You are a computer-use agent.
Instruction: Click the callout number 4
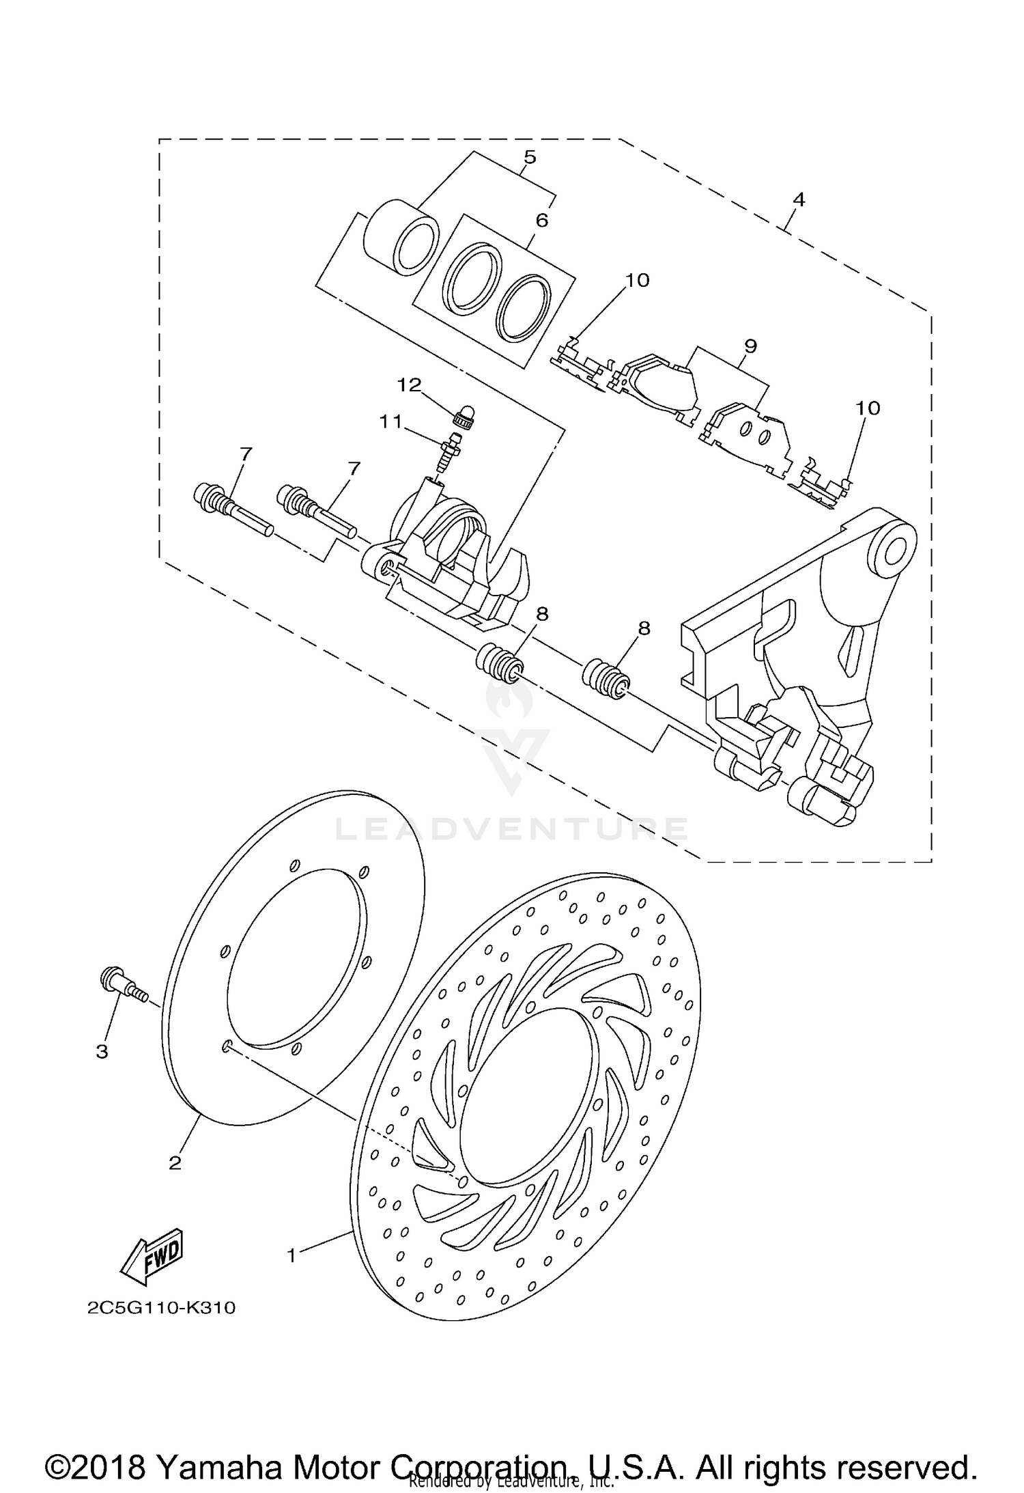click(x=799, y=199)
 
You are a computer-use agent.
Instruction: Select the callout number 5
click(x=530, y=157)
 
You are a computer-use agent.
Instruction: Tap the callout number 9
click(x=750, y=346)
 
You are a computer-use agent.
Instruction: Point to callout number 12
click(x=410, y=385)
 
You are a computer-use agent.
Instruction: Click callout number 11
click(x=391, y=422)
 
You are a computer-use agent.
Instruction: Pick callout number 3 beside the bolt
click(x=102, y=1052)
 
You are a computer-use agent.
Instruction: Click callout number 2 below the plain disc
click(x=175, y=1162)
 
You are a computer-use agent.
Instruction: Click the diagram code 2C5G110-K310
click(x=161, y=1308)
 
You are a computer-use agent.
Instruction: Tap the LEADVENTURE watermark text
click(x=512, y=829)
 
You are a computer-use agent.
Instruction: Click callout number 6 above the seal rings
click(x=542, y=220)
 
